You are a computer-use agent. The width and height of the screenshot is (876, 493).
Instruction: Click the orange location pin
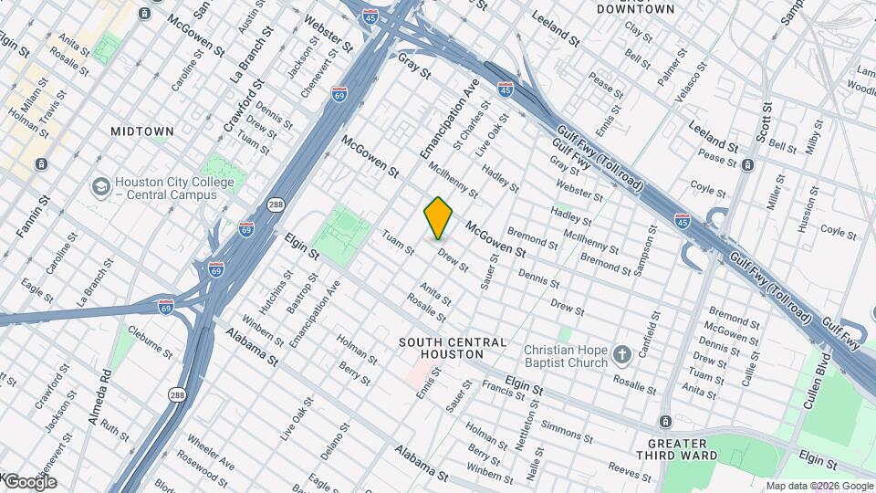(x=438, y=217)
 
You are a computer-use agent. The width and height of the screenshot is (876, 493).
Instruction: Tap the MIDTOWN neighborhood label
(x=142, y=131)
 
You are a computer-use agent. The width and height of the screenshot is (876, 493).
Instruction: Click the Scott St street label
(x=764, y=122)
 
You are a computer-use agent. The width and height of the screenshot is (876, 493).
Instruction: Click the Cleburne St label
(x=150, y=340)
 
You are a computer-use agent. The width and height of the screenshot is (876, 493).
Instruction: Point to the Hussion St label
(x=805, y=210)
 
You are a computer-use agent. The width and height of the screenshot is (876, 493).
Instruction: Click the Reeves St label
(x=630, y=468)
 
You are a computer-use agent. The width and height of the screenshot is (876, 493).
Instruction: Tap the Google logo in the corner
(x=29, y=481)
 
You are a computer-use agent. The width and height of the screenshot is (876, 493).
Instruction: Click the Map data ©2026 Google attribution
(x=819, y=486)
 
